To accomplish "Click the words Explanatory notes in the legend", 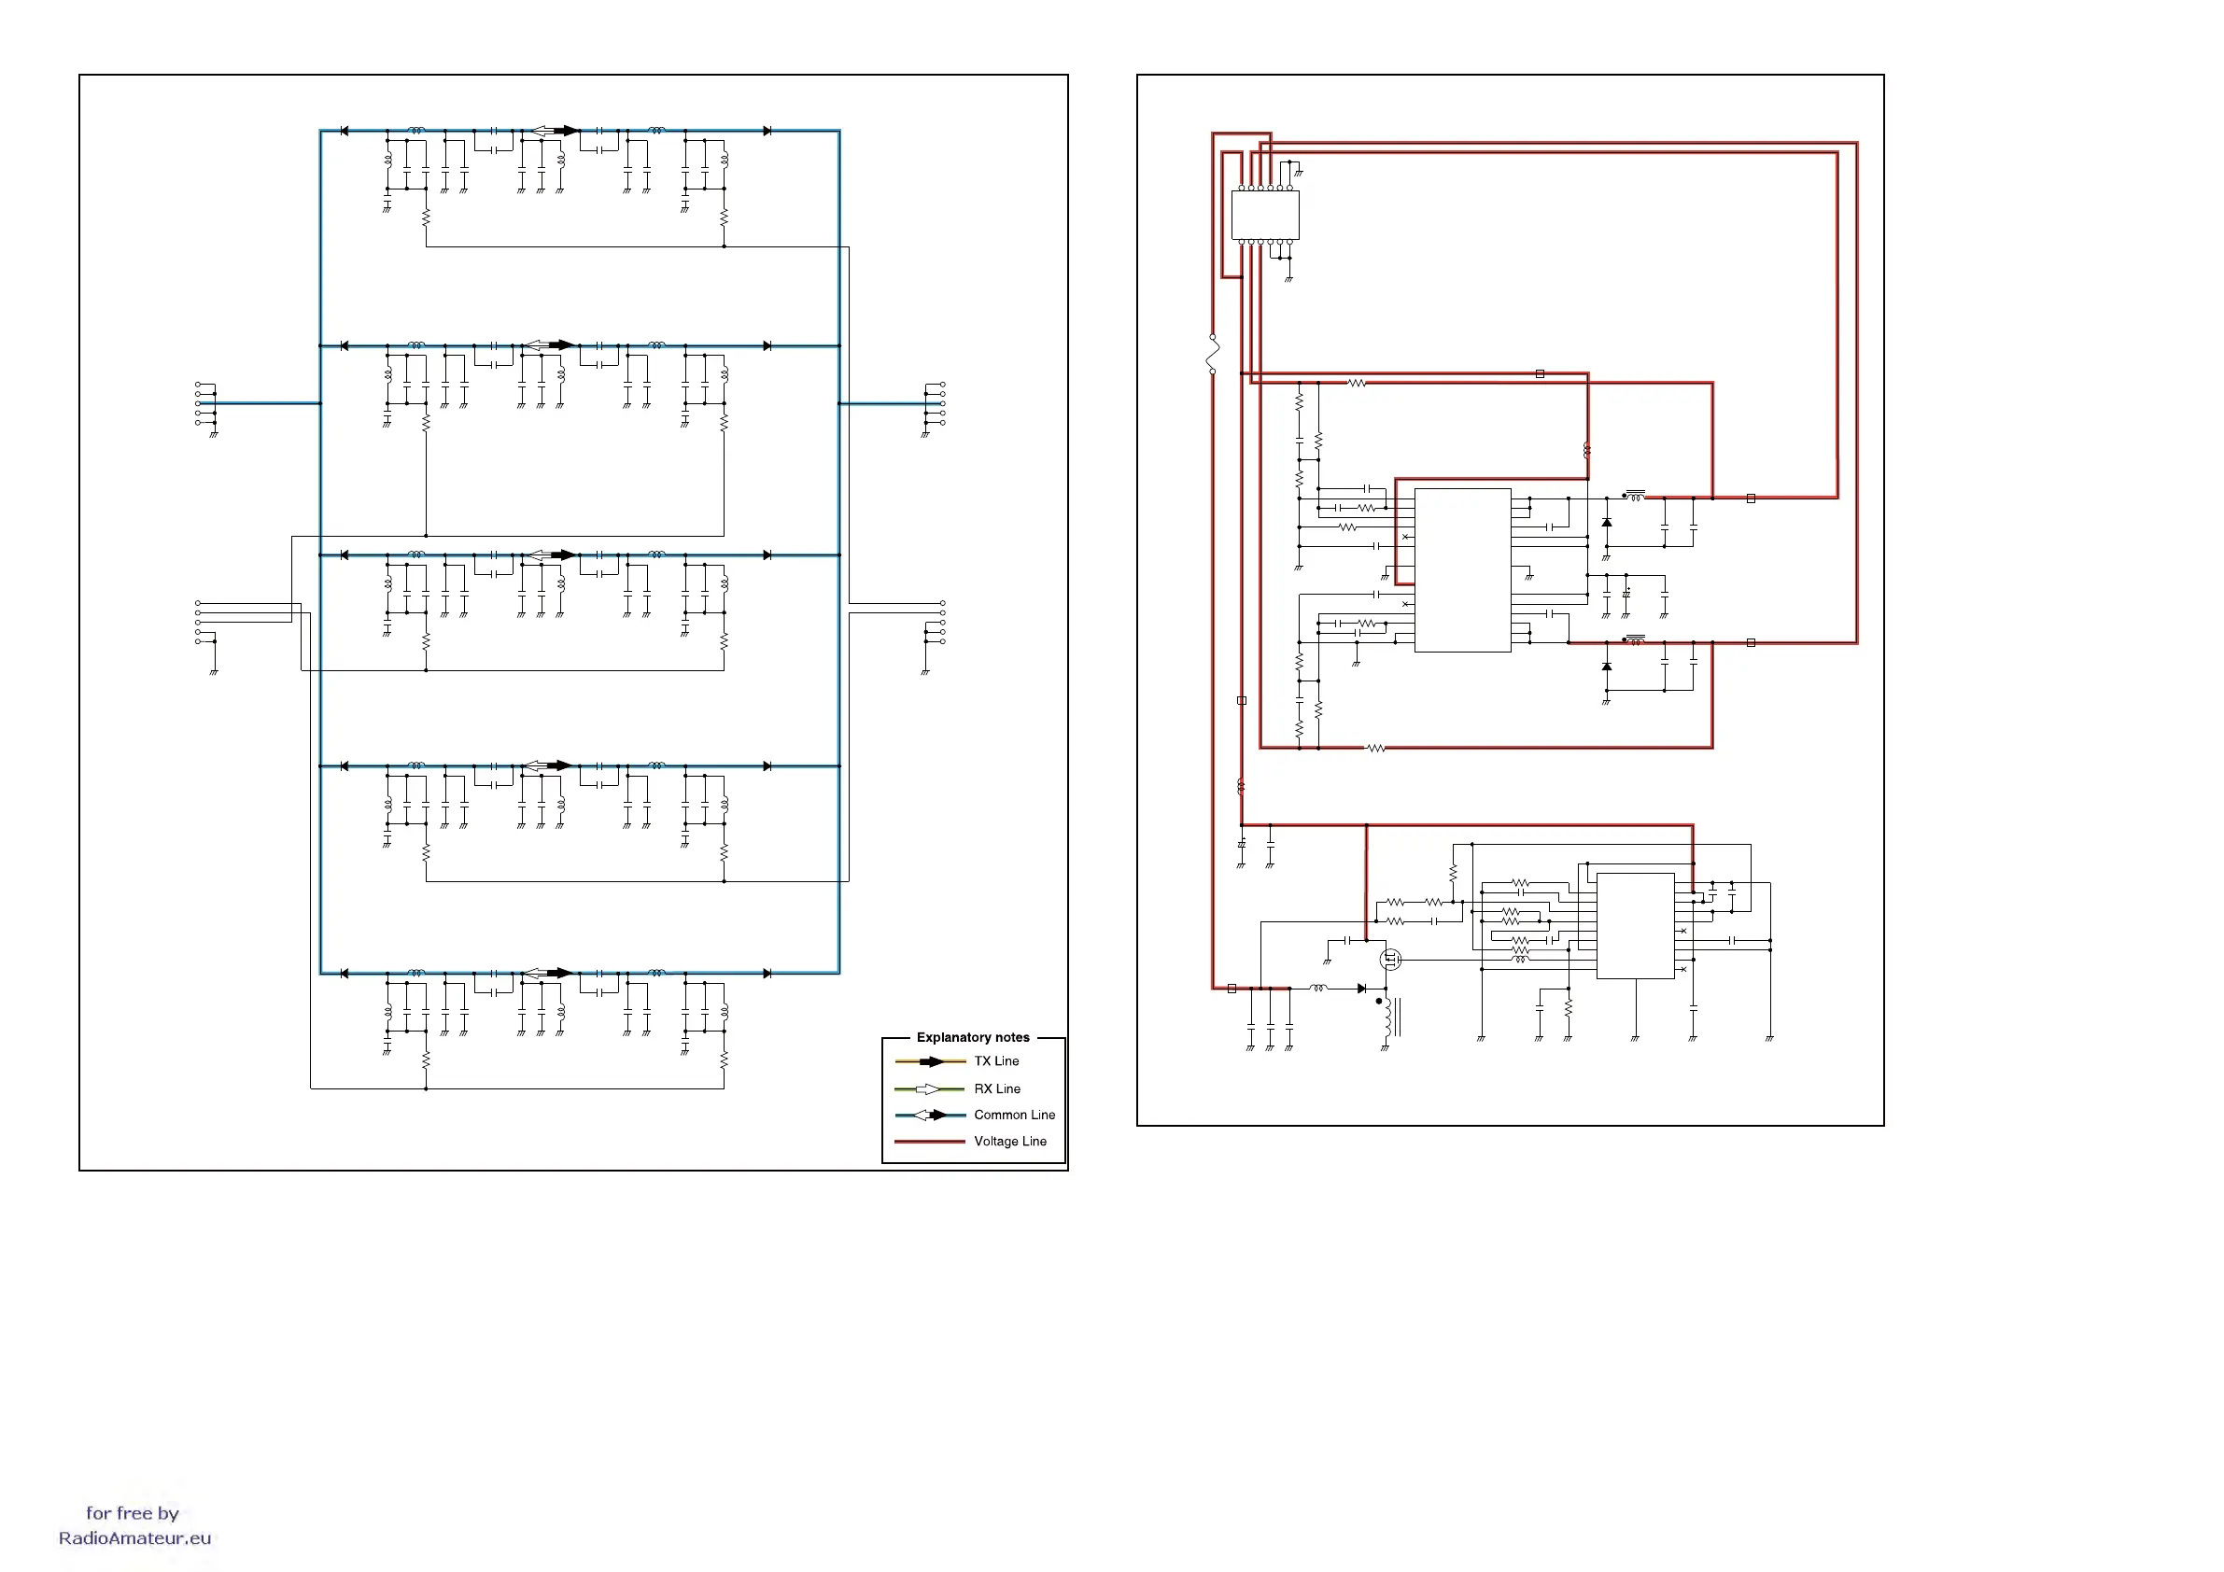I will pyautogui.click(x=973, y=1037).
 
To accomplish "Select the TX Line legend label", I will pyautogui.click(x=996, y=1061).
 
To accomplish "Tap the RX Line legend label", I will pyautogui.click(x=997, y=1088).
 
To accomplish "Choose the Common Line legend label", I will pyautogui.click(x=1014, y=1115).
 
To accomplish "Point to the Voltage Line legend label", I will pyautogui.click(x=1009, y=1141).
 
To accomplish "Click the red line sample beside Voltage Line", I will pyautogui.click(x=929, y=1142).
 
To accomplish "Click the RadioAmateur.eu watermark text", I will pyautogui.click(x=134, y=1538).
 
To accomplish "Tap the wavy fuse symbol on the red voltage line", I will pyautogui.click(x=1213, y=355).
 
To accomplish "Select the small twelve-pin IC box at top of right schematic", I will pyautogui.click(x=1265, y=215).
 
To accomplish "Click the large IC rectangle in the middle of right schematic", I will pyautogui.click(x=1463, y=569).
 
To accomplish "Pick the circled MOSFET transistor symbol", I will pyautogui.click(x=1390, y=960).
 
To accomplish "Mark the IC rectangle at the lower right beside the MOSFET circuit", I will pyautogui.click(x=1635, y=926).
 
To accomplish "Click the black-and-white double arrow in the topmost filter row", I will pyautogui.click(x=554, y=131).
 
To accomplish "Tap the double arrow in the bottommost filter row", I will pyautogui.click(x=548, y=973).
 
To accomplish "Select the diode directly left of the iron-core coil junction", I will pyautogui.click(x=1362, y=989).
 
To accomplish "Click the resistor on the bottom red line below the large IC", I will pyautogui.click(x=1375, y=748).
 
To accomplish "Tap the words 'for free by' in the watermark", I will pyautogui.click(x=133, y=1513).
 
